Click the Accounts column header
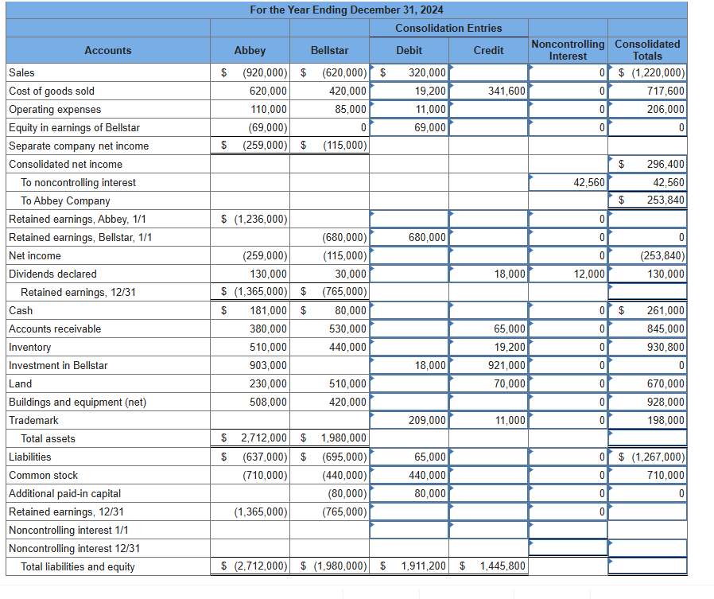pos(108,50)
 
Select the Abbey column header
pos(250,50)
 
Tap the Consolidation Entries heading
pos(448,28)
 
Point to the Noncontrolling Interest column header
pos(568,49)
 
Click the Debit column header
pos(409,50)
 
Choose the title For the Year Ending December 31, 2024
pos(347,10)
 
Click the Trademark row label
pos(33,420)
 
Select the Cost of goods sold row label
pos(52,91)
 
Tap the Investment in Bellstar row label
pos(58,365)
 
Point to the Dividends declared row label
pos(52,274)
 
